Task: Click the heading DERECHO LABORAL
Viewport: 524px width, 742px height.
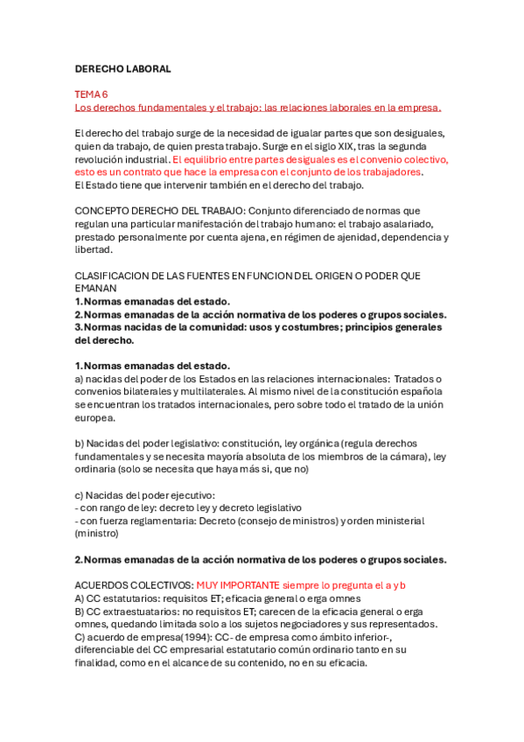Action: (122, 68)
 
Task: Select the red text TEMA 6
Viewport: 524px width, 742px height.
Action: (91, 94)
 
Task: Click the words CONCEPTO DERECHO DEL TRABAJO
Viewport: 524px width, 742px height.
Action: (155, 211)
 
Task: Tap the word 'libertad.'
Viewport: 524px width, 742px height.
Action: (94, 249)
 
